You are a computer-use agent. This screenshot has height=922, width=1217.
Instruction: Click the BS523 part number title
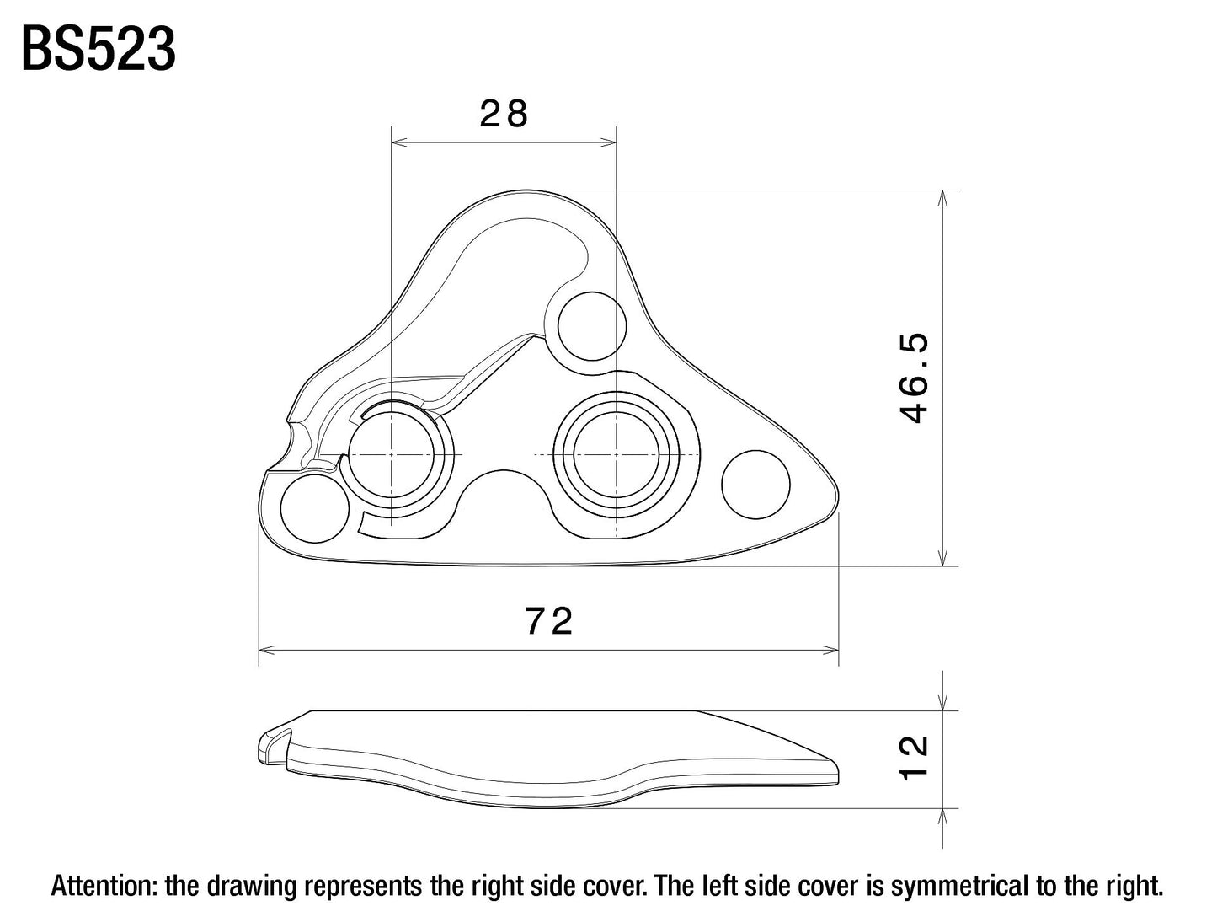pos(98,49)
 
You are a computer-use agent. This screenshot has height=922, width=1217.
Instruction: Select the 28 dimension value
pos(504,114)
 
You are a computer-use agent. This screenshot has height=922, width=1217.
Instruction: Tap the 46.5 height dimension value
pos(914,378)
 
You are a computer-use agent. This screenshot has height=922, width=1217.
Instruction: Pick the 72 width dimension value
pos(549,622)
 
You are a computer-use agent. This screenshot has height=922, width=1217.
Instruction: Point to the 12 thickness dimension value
pos(914,758)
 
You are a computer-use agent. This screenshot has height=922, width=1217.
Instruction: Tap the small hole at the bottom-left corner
pos(314,508)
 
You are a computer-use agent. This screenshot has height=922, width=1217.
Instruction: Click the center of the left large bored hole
pos(392,455)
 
